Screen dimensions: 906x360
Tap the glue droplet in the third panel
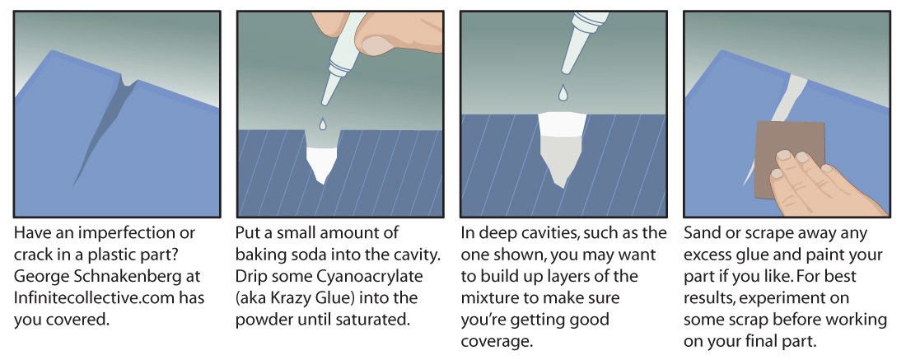563,92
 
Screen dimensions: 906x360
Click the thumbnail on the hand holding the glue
376,45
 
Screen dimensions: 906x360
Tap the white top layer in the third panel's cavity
563,124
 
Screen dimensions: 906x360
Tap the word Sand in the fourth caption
700,233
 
